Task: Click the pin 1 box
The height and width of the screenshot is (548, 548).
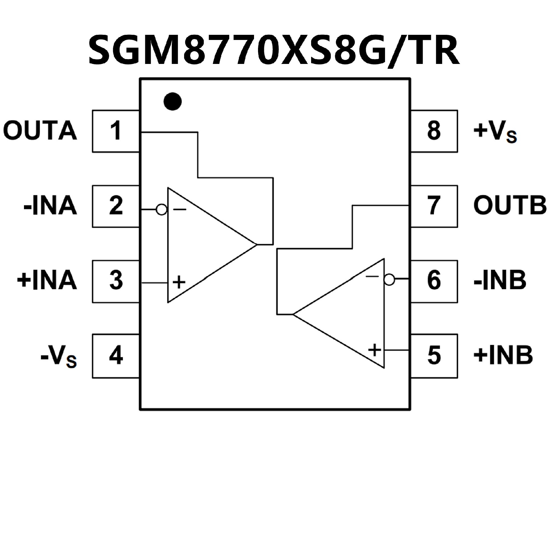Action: (x=116, y=131)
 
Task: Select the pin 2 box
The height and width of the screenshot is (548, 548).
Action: (x=116, y=206)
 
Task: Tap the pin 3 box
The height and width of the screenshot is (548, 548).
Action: (x=116, y=281)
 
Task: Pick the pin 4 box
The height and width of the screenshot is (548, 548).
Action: (x=116, y=356)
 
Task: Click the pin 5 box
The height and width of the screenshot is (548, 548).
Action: (x=434, y=356)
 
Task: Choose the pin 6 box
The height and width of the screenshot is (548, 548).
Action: (x=434, y=281)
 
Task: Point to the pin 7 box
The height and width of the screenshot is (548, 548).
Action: (x=434, y=206)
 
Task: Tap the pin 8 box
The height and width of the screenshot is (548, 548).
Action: (x=434, y=131)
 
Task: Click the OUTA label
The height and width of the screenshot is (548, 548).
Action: (x=40, y=131)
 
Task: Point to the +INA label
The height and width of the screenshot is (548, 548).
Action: (x=47, y=281)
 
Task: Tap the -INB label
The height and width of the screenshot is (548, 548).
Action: (x=500, y=281)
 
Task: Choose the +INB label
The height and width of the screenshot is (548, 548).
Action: (x=503, y=356)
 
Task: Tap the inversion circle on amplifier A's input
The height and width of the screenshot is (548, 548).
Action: (x=162, y=210)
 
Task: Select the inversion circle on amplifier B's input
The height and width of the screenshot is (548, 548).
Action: (x=389, y=280)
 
